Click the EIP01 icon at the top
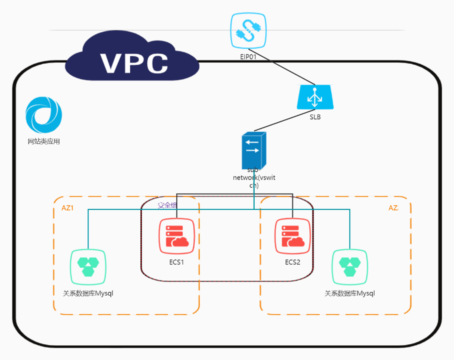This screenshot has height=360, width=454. click(x=248, y=30)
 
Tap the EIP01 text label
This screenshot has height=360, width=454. click(x=248, y=57)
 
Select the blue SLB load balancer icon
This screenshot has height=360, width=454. click(x=315, y=97)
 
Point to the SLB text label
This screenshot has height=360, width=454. click(x=315, y=117)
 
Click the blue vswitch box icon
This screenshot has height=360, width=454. click(x=254, y=150)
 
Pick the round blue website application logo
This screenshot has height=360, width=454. click(x=44, y=115)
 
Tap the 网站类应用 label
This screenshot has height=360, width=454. click(x=44, y=141)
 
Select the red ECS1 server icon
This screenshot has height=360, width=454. click(x=177, y=236)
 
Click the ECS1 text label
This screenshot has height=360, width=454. click(x=177, y=262)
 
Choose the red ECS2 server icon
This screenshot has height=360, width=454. click(x=292, y=236)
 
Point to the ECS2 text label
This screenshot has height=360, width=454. click(x=292, y=262)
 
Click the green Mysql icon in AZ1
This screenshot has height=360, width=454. click(x=88, y=267)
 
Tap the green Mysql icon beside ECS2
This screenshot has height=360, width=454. click(x=350, y=267)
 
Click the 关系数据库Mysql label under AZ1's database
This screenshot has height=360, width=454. click(x=88, y=293)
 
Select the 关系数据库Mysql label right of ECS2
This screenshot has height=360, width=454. click(x=350, y=293)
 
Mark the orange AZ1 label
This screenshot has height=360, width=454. click(x=67, y=208)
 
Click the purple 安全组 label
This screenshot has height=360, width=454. click(x=167, y=205)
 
